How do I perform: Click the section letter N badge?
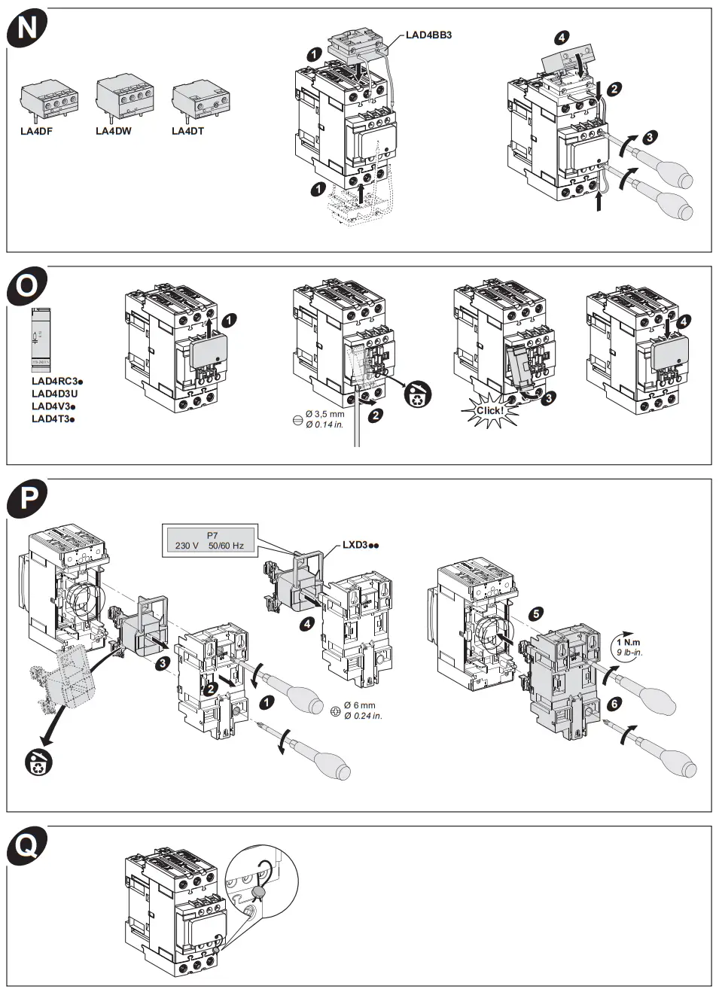click(27, 28)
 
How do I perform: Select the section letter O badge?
click(27, 286)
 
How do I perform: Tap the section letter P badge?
click(27, 498)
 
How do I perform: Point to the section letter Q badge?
click(27, 846)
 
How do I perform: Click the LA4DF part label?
click(36, 131)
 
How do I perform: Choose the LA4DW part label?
click(113, 131)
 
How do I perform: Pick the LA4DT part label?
click(187, 131)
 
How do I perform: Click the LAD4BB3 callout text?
click(428, 35)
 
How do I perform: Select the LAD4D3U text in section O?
click(54, 394)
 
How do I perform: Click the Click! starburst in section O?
click(489, 411)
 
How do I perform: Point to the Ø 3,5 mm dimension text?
click(324, 414)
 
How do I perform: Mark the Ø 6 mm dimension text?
click(359, 705)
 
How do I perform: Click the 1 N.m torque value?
click(629, 642)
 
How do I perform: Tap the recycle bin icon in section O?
click(417, 394)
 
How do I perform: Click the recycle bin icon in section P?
click(38, 761)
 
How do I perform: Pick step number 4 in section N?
click(562, 38)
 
